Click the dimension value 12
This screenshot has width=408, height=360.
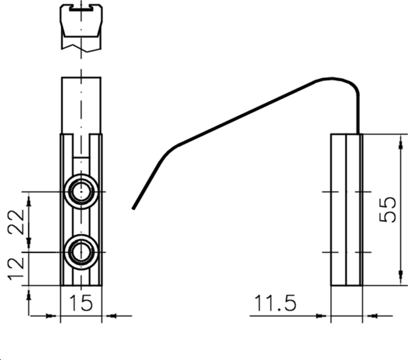tap(16, 269)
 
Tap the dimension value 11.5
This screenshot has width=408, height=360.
tap(276, 304)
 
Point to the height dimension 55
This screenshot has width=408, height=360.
tap(388, 209)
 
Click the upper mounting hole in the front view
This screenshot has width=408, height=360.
tap(81, 192)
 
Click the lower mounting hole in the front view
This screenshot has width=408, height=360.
tap(81, 252)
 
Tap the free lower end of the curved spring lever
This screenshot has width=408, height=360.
tap(134, 208)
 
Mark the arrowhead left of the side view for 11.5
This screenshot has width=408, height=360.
tap(321, 316)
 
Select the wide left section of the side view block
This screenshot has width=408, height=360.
tap(338, 209)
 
